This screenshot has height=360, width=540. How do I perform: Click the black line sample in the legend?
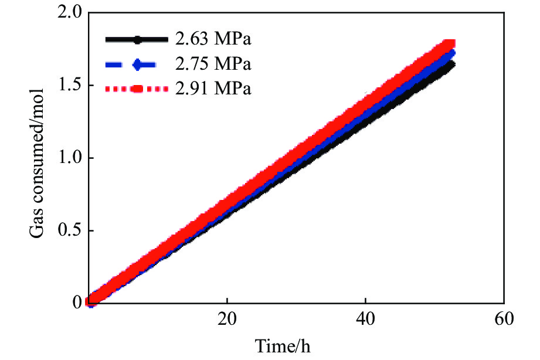point(136,40)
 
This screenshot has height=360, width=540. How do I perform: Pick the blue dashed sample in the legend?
point(136,64)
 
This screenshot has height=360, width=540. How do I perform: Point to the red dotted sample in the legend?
point(136,89)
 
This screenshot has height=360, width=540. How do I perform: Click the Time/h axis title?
point(283,346)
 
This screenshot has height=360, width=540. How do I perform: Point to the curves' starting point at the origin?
point(90,302)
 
